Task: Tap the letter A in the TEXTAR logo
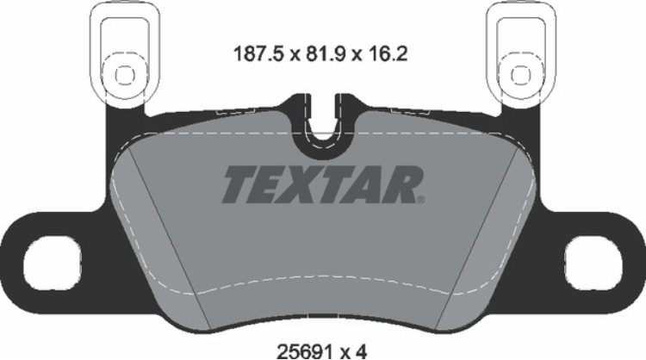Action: point(372,183)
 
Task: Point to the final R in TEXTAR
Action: point(405,183)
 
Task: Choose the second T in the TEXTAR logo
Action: point(339,183)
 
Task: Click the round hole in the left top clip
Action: point(121,72)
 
